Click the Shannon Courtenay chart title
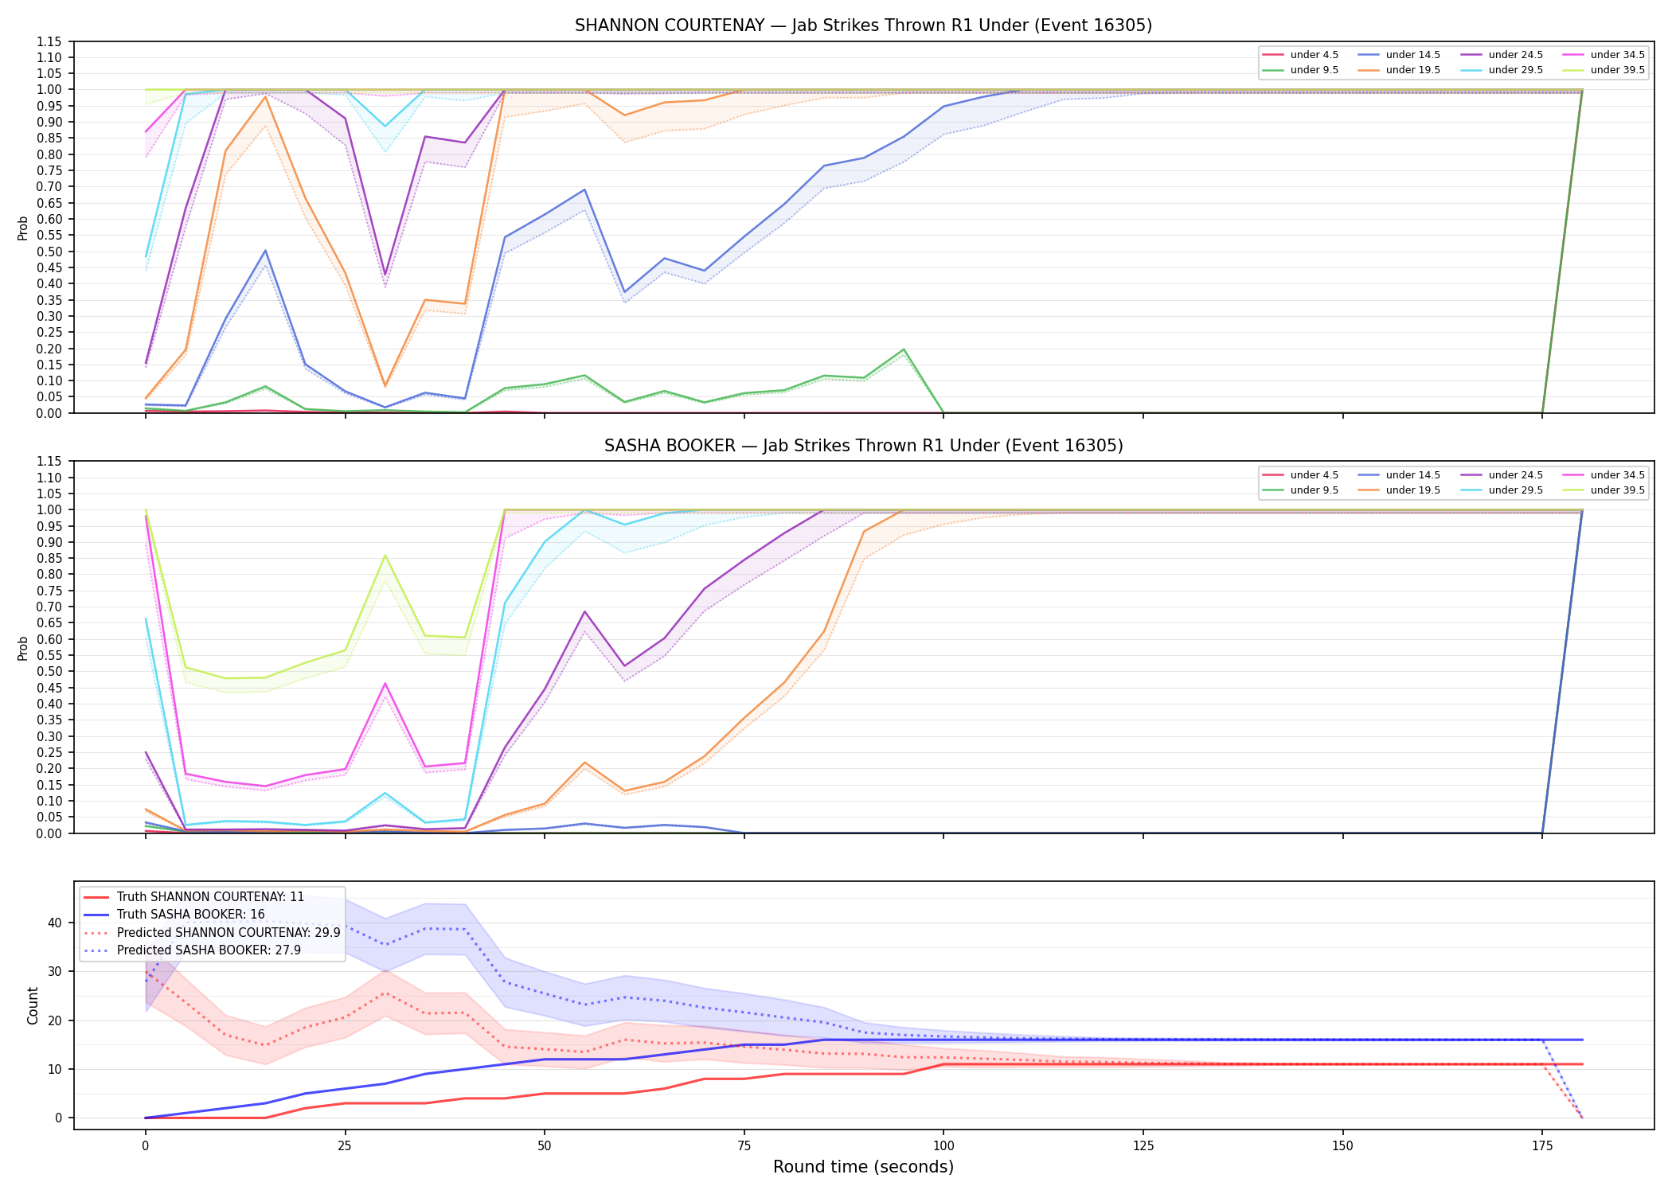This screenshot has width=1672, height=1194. point(863,25)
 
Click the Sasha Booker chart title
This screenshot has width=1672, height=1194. point(863,446)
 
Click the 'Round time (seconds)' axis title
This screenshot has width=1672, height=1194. point(863,1167)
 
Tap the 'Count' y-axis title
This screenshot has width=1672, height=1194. point(33,1005)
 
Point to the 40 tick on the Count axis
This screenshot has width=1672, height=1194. point(55,923)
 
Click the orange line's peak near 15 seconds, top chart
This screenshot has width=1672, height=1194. point(265,96)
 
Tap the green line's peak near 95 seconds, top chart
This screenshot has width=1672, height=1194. point(904,349)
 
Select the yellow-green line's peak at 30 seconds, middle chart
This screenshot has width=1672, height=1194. point(385,556)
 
